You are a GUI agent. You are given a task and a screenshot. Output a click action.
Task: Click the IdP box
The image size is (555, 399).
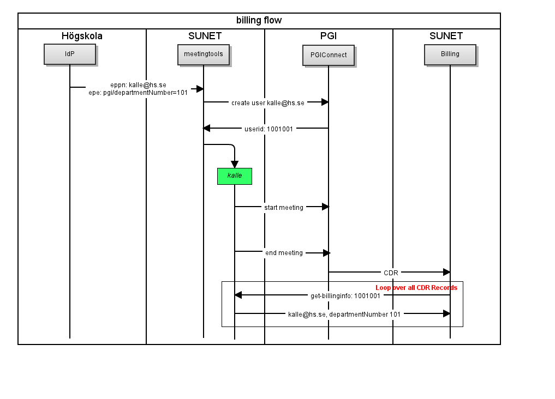[x=70, y=54]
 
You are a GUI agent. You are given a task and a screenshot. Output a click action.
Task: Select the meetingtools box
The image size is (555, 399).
[x=204, y=55]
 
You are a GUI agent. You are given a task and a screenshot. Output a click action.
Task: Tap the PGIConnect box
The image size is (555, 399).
[x=329, y=55]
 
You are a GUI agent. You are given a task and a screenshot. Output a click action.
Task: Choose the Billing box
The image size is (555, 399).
[x=450, y=55]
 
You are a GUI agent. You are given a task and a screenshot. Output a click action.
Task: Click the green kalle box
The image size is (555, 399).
[x=235, y=177]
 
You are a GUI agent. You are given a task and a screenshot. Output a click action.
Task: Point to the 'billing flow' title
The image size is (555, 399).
[x=259, y=21]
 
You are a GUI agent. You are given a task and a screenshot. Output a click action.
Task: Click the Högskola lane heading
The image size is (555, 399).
[x=82, y=36]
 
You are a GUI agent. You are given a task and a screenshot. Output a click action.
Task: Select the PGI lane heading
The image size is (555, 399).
[x=329, y=36]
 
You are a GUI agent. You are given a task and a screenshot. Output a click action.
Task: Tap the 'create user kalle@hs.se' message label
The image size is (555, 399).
[x=268, y=103]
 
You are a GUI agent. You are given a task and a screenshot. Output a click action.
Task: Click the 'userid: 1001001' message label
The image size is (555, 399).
[x=269, y=129]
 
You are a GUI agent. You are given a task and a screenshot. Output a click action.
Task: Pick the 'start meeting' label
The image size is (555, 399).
[x=284, y=208]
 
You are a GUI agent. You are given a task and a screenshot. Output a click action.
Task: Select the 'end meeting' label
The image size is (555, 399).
[x=284, y=253]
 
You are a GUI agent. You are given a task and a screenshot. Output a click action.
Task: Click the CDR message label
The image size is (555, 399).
[x=391, y=273]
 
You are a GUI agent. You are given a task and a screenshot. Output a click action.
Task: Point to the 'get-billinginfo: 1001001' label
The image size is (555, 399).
[x=345, y=296]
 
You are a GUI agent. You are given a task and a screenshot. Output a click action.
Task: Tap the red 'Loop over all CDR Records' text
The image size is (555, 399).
[x=416, y=288]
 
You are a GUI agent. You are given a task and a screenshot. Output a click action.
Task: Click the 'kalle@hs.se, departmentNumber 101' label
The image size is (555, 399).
[x=344, y=314]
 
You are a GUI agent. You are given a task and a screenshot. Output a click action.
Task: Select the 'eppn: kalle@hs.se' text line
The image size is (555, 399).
[x=139, y=85]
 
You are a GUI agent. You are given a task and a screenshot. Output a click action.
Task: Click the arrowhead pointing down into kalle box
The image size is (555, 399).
[x=235, y=164]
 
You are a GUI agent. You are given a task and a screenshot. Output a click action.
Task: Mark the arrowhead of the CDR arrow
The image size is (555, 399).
[x=447, y=272]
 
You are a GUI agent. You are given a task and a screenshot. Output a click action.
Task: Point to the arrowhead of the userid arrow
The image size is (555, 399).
[x=207, y=128]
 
